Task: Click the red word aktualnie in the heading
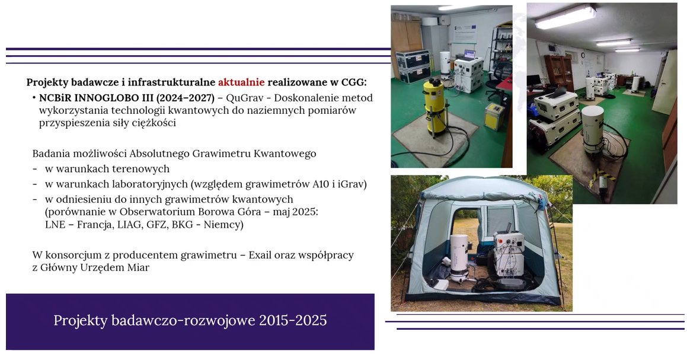(x=241, y=82)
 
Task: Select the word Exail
(x=260, y=255)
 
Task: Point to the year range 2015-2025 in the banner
(x=293, y=320)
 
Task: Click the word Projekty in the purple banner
(x=80, y=320)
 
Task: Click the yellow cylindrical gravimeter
(x=434, y=106)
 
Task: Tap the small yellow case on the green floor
(x=494, y=116)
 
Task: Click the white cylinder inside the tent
(x=459, y=257)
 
